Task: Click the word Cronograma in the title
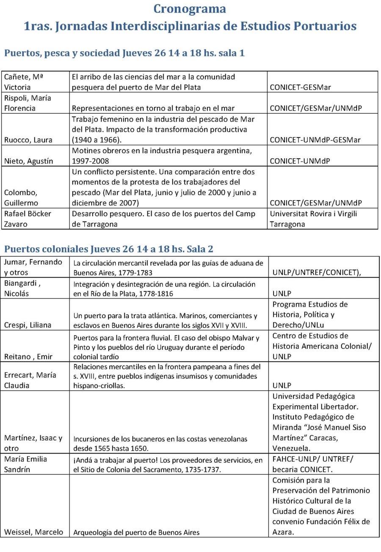pos(190,8)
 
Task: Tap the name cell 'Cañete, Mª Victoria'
pos(24,82)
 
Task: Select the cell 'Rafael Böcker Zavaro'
pos(28,219)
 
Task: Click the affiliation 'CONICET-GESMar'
pos(300,88)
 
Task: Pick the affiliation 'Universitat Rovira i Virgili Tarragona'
pos(313,219)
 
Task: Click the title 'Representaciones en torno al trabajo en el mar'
pos(153,108)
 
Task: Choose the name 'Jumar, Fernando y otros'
pos(33,267)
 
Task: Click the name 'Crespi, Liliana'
pos(28,325)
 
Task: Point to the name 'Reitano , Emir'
pos(28,357)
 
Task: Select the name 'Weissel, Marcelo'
pos(33,532)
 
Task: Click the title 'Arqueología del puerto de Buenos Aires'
pos(136,532)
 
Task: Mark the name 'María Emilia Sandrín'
pos(25,464)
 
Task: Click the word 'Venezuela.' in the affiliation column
pos(292,448)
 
